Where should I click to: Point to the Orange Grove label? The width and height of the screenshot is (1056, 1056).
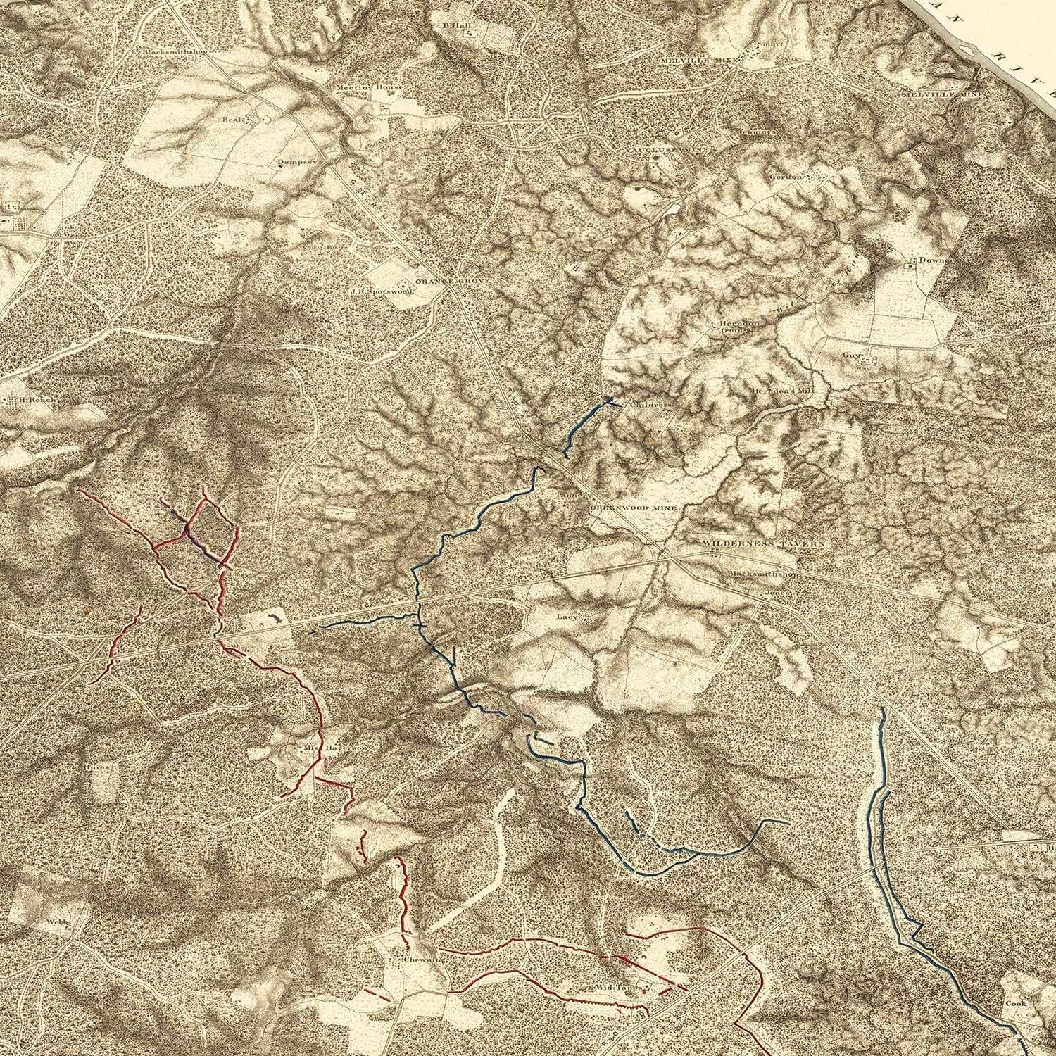[441, 281]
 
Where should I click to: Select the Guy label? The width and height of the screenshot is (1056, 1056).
[852, 355]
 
